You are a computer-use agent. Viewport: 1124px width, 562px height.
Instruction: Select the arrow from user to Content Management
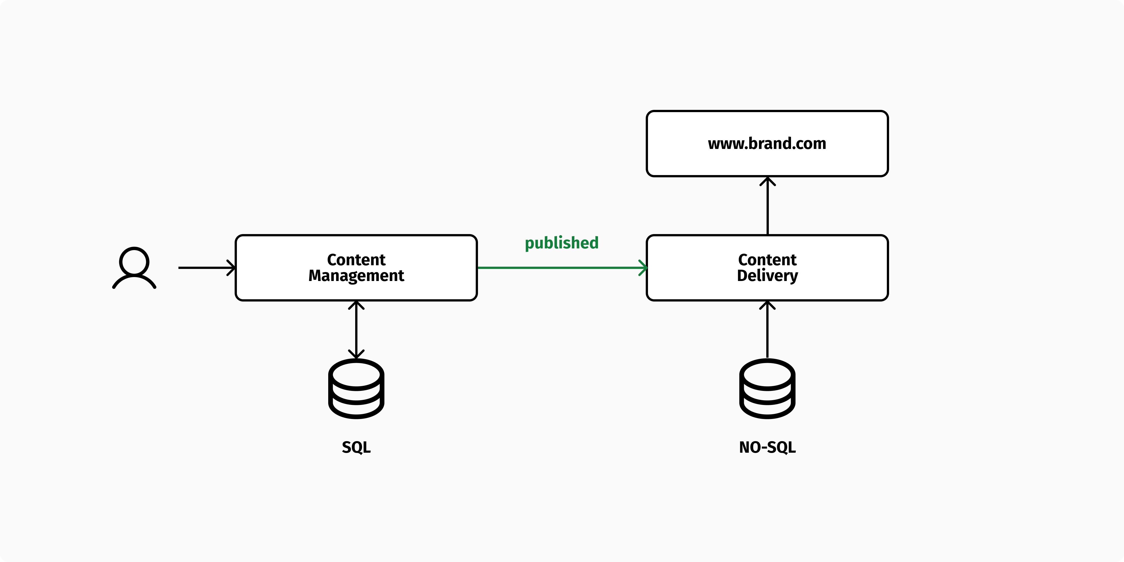pyautogui.click(x=205, y=268)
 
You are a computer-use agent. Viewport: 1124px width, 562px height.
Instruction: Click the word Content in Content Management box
pyautogui.click(x=356, y=260)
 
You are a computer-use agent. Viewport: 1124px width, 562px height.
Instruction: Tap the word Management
pyautogui.click(x=356, y=276)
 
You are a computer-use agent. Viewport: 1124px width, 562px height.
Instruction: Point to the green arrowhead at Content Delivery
pyautogui.click(x=643, y=268)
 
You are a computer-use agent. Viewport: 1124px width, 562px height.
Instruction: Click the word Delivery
pyautogui.click(x=767, y=276)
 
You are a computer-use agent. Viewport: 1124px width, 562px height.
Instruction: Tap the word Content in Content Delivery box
pyautogui.click(x=767, y=260)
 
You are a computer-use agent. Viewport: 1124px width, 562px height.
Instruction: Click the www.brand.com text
pyautogui.click(x=767, y=144)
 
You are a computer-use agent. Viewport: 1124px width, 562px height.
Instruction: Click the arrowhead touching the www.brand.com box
pyautogui.click(x=767, y=181)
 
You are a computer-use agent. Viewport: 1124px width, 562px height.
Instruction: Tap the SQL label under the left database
pyautogui.click(x=356, y=447)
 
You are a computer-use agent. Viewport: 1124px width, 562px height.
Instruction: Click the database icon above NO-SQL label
pyautogui.click(x=767, y=388)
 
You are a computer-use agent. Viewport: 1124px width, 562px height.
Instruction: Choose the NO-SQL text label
pyautogui.click(x=767, y=447)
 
